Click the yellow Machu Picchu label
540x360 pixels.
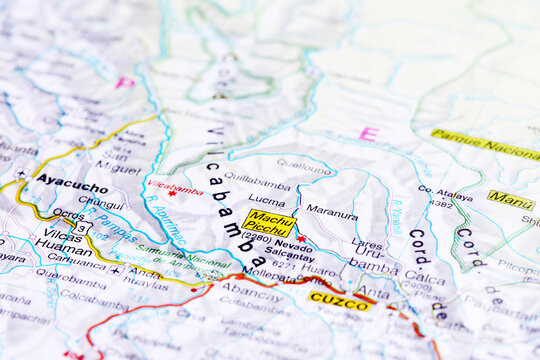[x=268, y=222]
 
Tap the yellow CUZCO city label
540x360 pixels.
[x=339, y=299]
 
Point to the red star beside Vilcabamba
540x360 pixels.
[x=172, y=193]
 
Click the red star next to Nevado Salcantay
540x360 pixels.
[x=300, y=238]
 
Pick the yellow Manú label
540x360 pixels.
[x=510, y=200]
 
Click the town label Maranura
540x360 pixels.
[x=331, y=211]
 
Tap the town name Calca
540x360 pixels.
[x=424, y=278]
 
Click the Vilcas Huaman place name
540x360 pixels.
[x=64, y=240]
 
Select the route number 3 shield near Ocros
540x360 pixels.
[x=83, y=227]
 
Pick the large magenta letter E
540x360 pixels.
[x=368, y=133]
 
